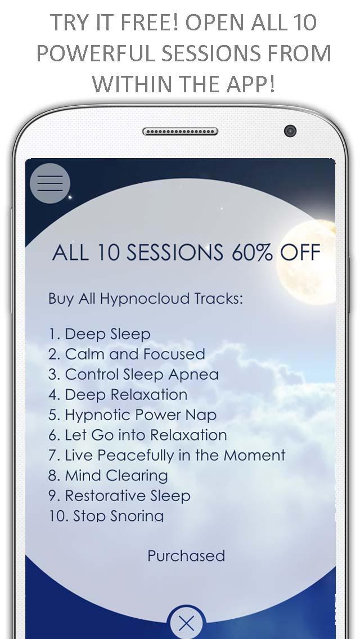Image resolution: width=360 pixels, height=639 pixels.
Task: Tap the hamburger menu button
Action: [x=50, y=183]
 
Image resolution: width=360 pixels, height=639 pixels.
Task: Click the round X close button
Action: [x=186, y=623]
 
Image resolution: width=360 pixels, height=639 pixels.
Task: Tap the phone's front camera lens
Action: [x=290, y=131]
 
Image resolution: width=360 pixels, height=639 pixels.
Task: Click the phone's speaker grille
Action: [x=180, y=132]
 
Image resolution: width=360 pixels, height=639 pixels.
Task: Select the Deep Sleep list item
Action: [x=100, y=334]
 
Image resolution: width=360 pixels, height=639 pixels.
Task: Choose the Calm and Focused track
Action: [x=127, y=354]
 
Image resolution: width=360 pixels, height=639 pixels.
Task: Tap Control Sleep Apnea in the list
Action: [x=133, y=375]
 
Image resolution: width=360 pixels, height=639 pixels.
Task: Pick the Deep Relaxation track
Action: [x=118, y=395]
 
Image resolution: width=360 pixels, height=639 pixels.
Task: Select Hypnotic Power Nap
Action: [x=132, y=415]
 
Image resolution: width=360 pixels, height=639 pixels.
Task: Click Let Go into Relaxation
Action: [x=137, y=435]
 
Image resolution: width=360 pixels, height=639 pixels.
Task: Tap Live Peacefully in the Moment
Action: [x=166, y=456]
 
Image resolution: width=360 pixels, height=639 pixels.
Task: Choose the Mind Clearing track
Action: [x=108, y=476]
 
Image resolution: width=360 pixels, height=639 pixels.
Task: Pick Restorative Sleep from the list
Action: [x=119, y=496]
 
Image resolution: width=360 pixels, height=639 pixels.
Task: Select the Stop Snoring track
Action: [x=106, y=516]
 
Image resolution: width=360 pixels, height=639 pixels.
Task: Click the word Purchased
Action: [x=186, y=556]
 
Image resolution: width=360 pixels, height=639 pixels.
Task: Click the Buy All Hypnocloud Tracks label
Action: [x=146, y=298]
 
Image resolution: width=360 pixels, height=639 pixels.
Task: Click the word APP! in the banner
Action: [x=248, y=84]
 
